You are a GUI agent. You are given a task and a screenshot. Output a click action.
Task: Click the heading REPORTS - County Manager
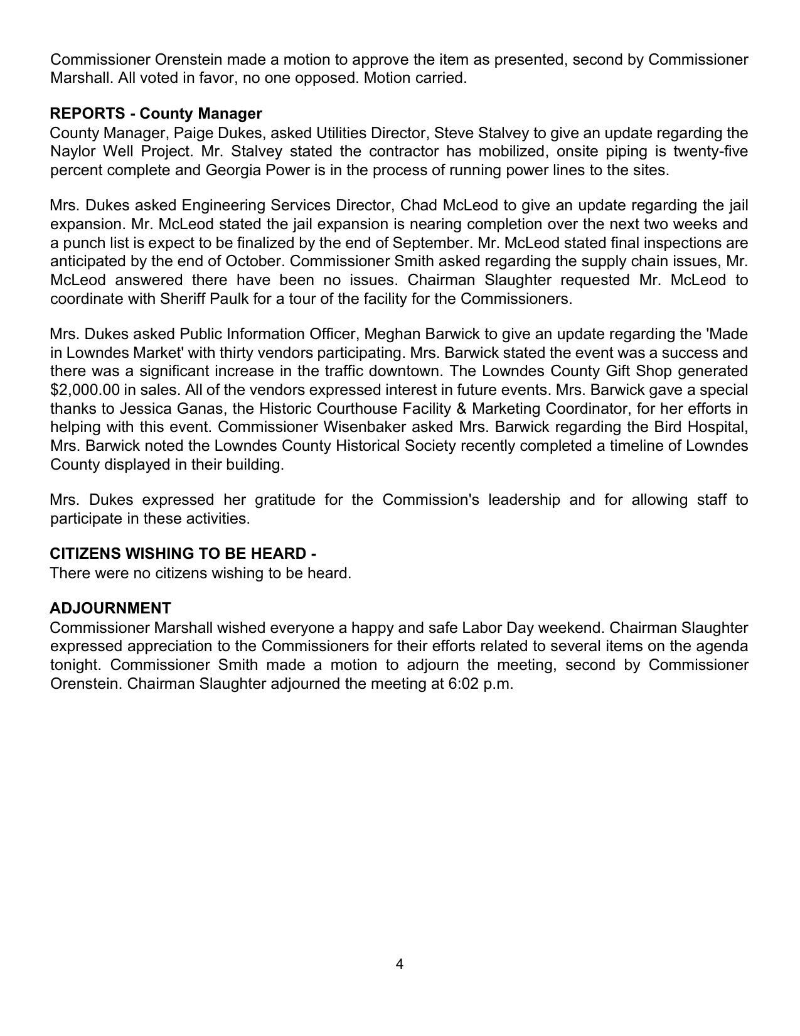(x=156, y=114)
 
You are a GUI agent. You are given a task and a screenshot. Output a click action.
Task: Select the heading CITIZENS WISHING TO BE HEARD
(x=183, y=554)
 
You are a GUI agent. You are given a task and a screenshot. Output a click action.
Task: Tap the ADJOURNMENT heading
(x=110, y=608)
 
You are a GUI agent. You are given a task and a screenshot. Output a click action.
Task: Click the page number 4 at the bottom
(x=400, y=964)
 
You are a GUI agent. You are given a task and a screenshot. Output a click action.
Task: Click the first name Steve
(x=454, y=133)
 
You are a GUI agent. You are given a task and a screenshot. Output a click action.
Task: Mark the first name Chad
(x=418, y=206)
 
